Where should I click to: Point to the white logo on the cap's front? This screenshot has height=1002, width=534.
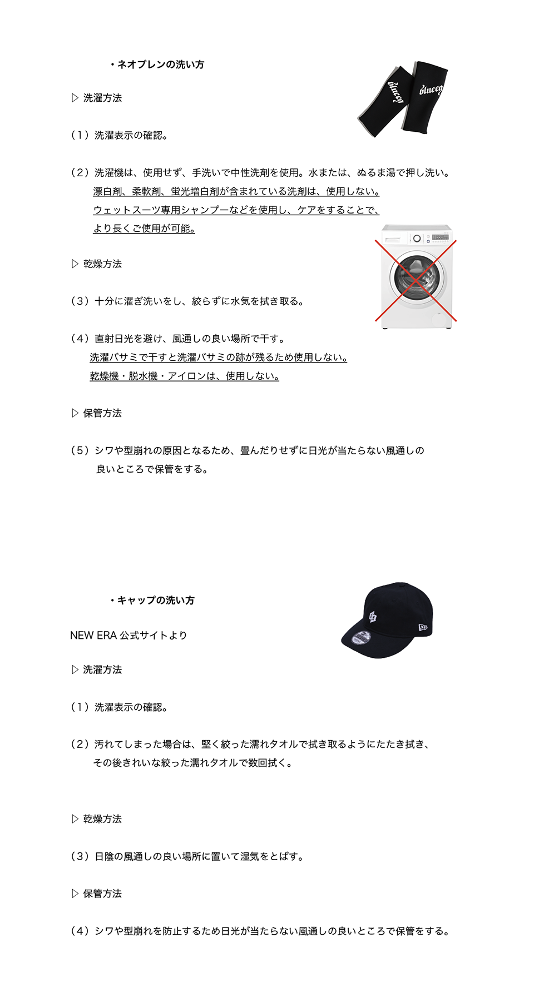[x=373, y=617]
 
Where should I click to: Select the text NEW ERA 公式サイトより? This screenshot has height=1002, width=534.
[x=128, y=636]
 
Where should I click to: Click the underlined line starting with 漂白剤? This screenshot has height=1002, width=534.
[x=236, y=192]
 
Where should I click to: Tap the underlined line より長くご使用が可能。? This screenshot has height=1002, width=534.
[x=144, y=229]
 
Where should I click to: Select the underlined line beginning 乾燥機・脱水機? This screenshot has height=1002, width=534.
[x=184, y=376]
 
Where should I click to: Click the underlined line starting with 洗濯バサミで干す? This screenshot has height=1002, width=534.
[x=218, y=358]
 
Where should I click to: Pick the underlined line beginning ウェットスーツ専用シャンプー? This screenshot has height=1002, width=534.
[x=236, y=210]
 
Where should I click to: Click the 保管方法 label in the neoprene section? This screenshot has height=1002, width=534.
[x=102, y=413]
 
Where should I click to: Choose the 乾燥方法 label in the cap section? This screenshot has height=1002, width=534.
[x=102, y=819]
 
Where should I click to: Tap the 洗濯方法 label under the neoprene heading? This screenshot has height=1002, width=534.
[x=102, y=98]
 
